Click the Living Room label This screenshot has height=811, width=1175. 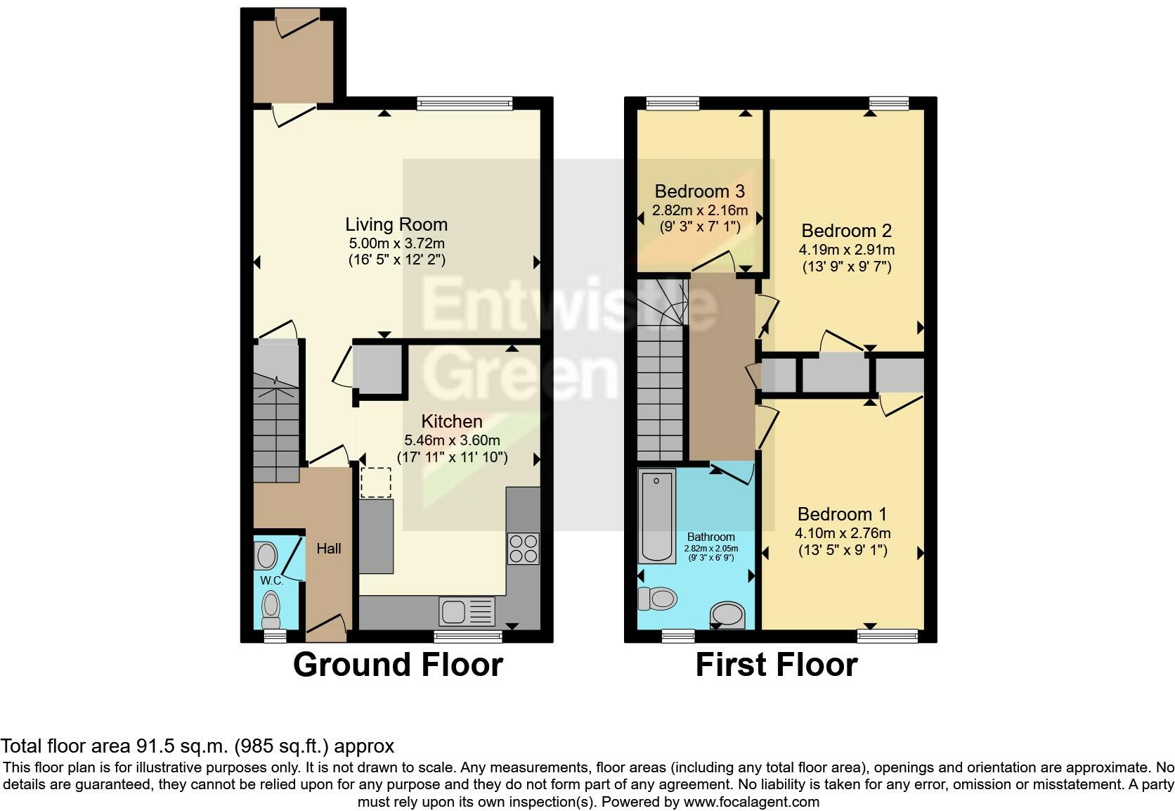pos(396,224)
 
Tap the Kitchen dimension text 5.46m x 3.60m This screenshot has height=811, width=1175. pos(452,440)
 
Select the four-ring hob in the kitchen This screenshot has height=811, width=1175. pos(523,549)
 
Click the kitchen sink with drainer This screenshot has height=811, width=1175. pos(467,611)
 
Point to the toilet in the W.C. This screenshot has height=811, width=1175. pos(270,608)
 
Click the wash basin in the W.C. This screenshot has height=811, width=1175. pos(266,556)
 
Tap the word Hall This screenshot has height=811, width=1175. pos(328,548)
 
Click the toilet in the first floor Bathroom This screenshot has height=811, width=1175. pos(657,599)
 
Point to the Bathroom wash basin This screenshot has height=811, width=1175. pos(727,613)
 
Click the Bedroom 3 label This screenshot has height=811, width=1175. pos(699,191)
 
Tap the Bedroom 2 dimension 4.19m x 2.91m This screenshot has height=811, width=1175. pos(846,249)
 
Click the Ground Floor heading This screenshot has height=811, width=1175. pos(398,665)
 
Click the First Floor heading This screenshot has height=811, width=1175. pos(776,665)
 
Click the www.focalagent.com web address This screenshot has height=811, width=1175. pos(751,801)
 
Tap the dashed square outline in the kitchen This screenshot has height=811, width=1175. pos(375,483)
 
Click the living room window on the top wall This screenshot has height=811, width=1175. pos(464,103)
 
